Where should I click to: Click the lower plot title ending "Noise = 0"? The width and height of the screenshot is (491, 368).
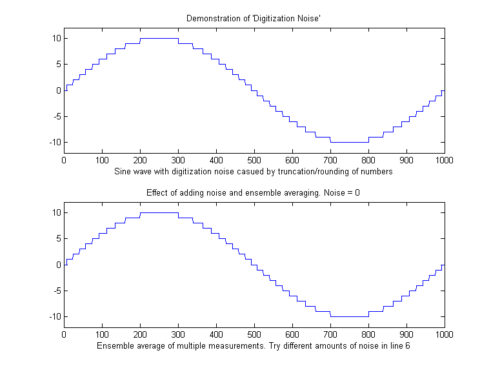pyautogui.click(x=254, y=192)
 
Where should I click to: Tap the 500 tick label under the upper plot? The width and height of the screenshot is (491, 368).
pyautogui.click(x=254, y=159)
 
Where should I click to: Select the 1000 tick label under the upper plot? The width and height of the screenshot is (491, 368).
pyautogui.click(x=443, y=159)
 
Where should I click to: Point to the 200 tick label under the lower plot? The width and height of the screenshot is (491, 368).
pyautogui.click(x=140, y=334)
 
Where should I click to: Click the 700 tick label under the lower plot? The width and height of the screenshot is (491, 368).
pyautogui.click(x=330, y=334)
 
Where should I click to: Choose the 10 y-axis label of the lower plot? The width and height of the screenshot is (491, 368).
pyautogui.click(x=55, y=212)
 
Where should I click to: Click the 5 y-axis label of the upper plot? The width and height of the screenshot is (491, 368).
pyautogui.click(x=57, y=64)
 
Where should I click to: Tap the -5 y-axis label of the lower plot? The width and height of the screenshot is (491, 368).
pyautogui.click(x=55, y=291)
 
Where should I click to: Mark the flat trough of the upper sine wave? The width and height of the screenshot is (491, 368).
pyautogui.click(x=349, y=142)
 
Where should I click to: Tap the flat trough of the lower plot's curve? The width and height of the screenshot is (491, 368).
pyautogui.click(x=349, y=316)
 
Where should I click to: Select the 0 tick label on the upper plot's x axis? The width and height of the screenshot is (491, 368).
pyautogui.click(x=64, y=159)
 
